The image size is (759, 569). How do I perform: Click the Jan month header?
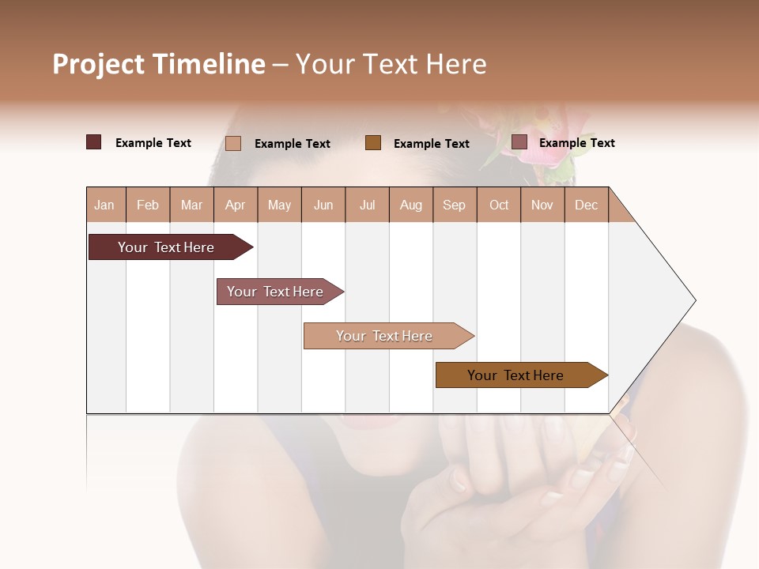coord(104,205)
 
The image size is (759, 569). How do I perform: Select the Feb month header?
coord(148,205)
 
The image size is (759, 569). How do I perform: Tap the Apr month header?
coord(235,205)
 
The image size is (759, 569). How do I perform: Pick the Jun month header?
coord(323,205)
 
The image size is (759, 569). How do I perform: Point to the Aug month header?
coord(410,205)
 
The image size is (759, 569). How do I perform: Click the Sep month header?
coord(454,205)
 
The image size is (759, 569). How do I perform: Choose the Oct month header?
coord(499,205)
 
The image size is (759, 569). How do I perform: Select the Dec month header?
coord(586,205)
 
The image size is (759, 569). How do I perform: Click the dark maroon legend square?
coord(93,142)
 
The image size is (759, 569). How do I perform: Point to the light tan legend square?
coord(232,143)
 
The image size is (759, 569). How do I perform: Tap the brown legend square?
coord(373,142)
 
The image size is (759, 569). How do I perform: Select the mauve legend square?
coord(519,142)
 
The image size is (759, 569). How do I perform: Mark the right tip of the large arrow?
coord(694,300)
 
